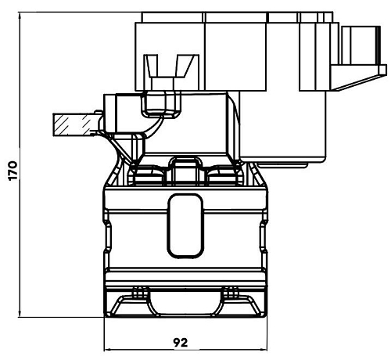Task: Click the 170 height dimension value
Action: [13, 171]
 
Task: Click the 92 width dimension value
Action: [181, 342]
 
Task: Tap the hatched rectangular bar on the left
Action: [74, 124]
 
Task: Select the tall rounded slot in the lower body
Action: [185, 226]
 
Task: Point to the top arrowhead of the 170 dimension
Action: [20, 16]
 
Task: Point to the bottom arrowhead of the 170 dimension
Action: [20, 314]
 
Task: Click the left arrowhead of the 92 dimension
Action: [108, 350]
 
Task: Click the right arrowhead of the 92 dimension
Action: [264, 350]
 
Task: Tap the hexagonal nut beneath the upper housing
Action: [161, 104]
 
